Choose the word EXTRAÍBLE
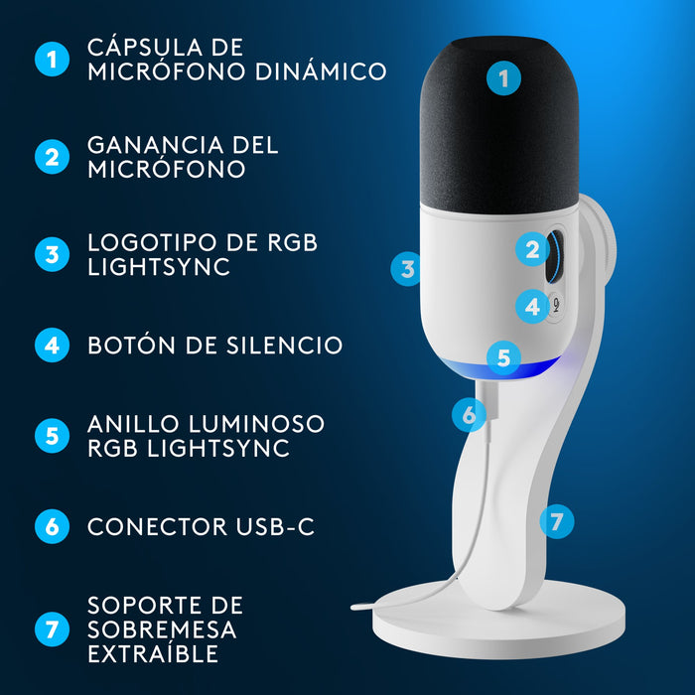coord(153,654)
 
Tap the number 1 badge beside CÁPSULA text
coord(52,59)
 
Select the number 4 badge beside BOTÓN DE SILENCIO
coord(52,346)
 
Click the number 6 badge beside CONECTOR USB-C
coord(52,526)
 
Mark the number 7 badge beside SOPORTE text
coord(52,629)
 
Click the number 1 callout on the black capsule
coord(505,78)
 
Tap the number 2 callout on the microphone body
coord(533,250)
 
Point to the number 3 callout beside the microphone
coord(406,268)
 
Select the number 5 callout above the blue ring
coord(503,356)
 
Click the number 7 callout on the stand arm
coord(557,519)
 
